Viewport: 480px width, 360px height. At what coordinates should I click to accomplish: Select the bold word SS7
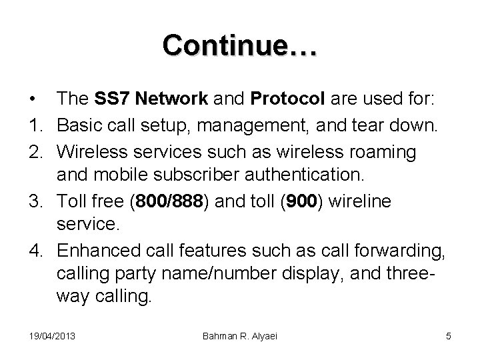118,99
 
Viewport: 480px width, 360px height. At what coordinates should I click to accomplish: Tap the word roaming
383,153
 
